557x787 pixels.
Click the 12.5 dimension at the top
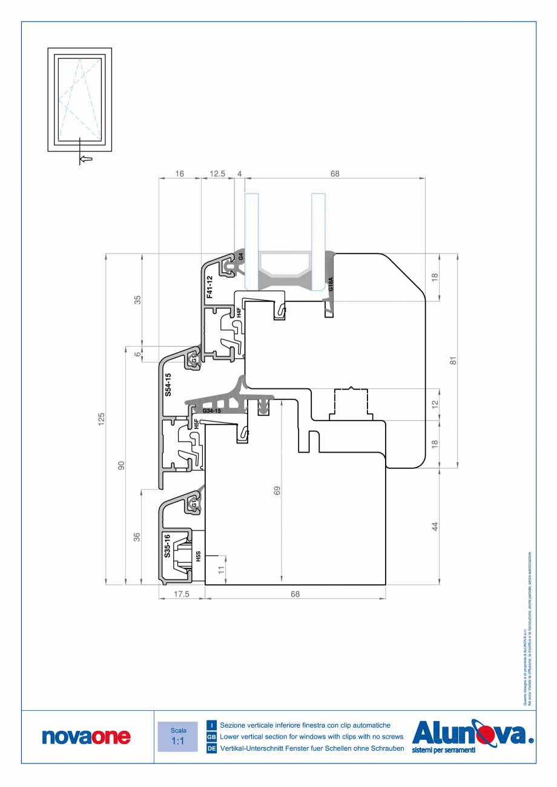click(x=217, y=174)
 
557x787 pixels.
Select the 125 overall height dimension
click(x=102, y=418)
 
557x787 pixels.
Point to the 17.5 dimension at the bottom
click(x=182, y=594)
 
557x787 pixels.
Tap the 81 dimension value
click(x=452, y=360)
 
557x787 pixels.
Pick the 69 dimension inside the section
click(x=277, y=491)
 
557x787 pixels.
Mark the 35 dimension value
click(x=137, y=299)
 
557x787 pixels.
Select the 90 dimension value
click(x=121, y=465)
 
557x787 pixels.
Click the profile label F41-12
click(x=209, y=288)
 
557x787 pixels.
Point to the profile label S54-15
click(x=168, y=384)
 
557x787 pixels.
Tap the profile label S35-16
click(x=168, y=546)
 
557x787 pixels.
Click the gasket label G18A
click(x=331, y=284)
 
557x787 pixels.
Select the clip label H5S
click(x=197, y=556)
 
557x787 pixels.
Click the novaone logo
click(x=86, y=736)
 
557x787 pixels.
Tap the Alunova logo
click(x=472, y=736)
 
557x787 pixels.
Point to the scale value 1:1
click(x=178, y=741)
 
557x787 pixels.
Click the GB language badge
click(x=211, y=737)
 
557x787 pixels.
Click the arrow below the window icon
click(x=86, y=159)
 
